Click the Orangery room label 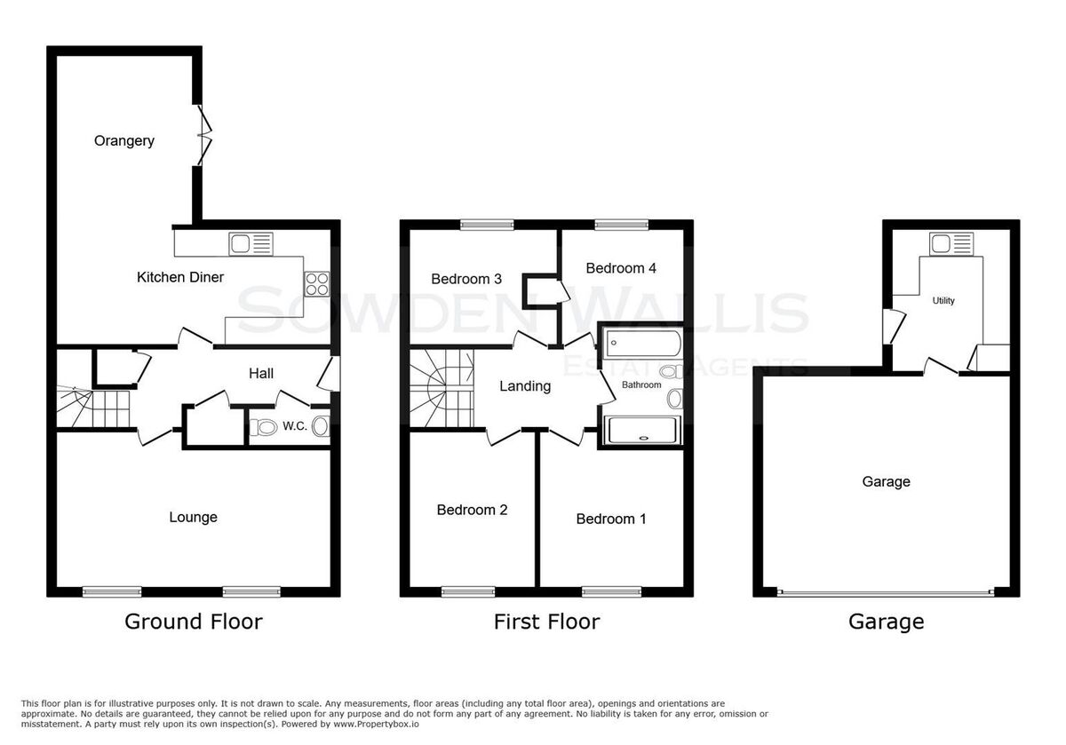124,141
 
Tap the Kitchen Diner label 179,277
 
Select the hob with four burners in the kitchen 317,284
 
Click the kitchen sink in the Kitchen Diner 251,243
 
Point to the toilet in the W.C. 263,427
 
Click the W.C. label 295,426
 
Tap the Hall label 261,374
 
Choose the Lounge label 194,517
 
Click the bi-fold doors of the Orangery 204,135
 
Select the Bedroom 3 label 466,279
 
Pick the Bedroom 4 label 621,268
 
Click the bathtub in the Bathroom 643,344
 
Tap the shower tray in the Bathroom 642,430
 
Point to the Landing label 525,386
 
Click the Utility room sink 951,244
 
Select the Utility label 943,301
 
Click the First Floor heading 547,622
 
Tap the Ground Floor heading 194,622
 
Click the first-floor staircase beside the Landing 442,388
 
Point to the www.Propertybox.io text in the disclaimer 376,724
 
